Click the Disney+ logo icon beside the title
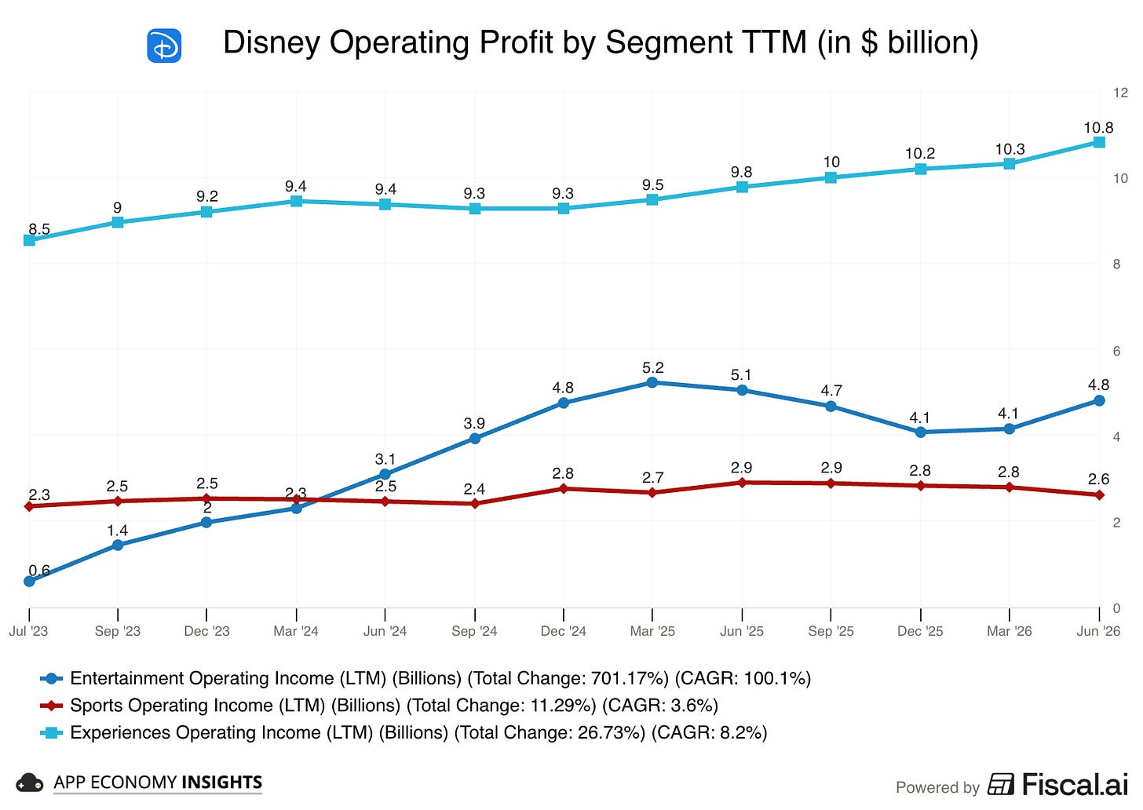coord(164,46)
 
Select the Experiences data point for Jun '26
coord(1099,142)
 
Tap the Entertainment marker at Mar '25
coord(652,382)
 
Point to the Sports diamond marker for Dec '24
coord(564,489)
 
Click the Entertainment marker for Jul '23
coord(30,581)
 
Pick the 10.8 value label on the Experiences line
coord(1098,127)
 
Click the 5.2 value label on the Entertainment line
coord(652,367)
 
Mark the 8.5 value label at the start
coord(39,229)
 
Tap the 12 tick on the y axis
coord(1120,93)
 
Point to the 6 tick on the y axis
coord(1116,351)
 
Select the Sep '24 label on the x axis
coord(474,631)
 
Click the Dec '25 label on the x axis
coord(920,631)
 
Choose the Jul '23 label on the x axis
coord(28,631)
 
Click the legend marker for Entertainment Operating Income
coord(51,678)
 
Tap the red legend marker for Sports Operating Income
coord(51,706)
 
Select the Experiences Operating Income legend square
coord(51,733)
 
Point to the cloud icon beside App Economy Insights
coord(29,783)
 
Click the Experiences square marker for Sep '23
coord(118,222)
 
